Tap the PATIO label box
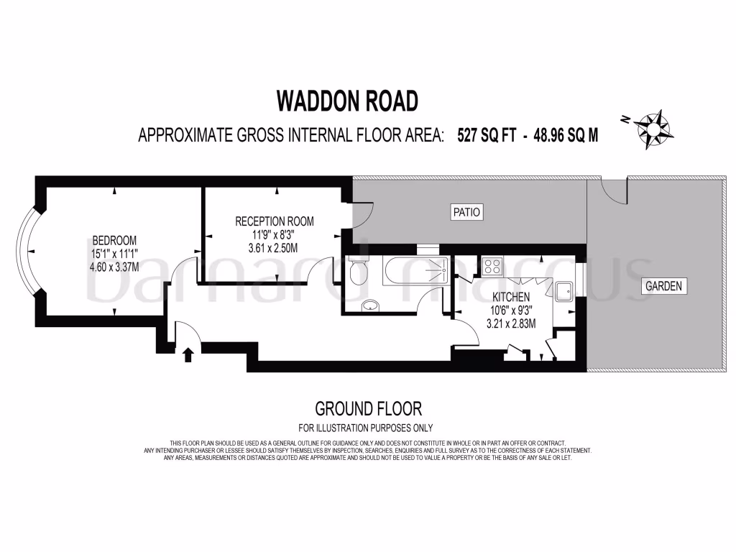[466, 212]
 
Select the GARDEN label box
[663, 286]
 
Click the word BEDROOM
[114, 240]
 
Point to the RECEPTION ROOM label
[275, 221]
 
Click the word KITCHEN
[511, 297]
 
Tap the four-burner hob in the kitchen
[493, 267]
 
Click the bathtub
[416, 271]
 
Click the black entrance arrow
[188, 354]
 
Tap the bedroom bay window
[29, 250]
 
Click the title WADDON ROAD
[347, 101]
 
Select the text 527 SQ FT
[487, 135]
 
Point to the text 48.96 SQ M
[566, 135]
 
